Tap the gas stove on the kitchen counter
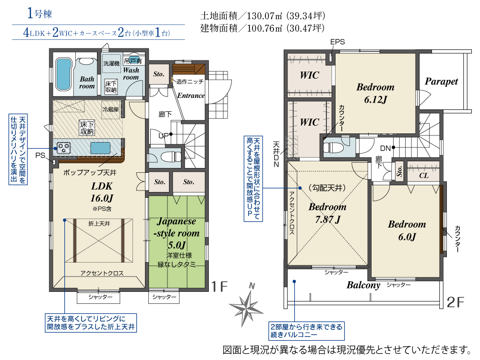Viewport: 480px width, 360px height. pos(64,148)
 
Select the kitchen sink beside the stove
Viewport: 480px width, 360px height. pos(100,148)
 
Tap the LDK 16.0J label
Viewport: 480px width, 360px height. pos(102,192)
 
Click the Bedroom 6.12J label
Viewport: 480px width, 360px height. pos(375,93)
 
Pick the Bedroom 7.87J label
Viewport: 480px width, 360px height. pos(327,213)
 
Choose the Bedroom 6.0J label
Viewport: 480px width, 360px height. pos(407,230)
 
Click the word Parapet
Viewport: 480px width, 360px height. pos(441,82)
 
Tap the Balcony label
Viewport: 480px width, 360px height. pos(363,285)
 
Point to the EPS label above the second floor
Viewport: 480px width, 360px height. pos(337,42)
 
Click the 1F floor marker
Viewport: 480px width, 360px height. pos(219,287)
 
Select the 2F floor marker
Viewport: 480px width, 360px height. pos(455,302)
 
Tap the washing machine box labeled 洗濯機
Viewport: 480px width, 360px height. pos(111,63)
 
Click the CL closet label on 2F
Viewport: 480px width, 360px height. pos(424,175)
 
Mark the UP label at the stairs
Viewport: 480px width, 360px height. pos(164,135)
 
